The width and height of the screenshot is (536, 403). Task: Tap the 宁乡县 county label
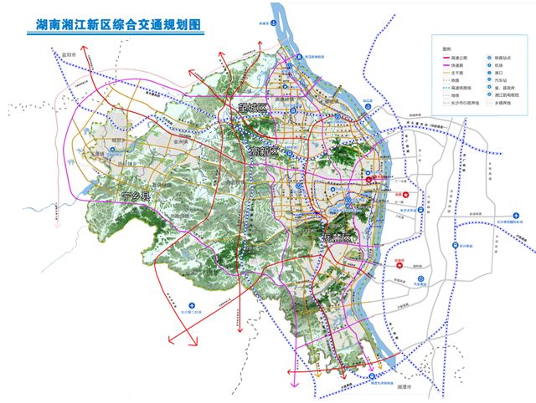coord(135,196)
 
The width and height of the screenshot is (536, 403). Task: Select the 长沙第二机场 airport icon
coord(192,306)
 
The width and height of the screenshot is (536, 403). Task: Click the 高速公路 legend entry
coord(461,57)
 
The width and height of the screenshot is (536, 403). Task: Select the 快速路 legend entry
coord(459,66)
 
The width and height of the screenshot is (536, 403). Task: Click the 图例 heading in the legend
coord(447,48)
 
